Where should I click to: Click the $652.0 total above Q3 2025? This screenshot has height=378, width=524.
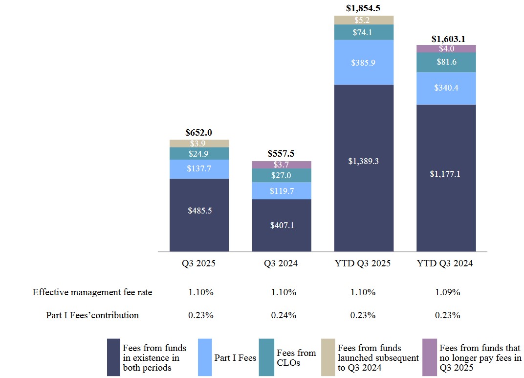pos(199,133)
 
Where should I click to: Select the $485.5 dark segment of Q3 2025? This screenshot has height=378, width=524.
pos(199,211)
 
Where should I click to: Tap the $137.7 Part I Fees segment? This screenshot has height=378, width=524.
pos(199,169)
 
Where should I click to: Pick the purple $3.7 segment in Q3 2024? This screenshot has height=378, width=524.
pos(282,165)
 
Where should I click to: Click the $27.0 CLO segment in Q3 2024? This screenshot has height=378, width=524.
pos(282,175)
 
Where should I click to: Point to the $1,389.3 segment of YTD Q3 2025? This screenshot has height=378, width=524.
pos(364,161)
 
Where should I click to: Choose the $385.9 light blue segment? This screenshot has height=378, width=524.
pos(364,62)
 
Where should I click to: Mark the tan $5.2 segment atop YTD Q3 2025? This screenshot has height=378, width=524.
pos(364,20)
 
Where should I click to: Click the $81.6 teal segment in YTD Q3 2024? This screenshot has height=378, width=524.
pos(446,62)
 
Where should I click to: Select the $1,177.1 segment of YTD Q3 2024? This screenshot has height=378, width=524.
pos(446,173)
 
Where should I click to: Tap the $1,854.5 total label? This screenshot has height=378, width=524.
pos(363,8)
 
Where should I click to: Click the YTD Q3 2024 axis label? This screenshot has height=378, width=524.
pos(445,263)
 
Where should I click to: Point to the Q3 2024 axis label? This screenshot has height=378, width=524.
pos(281,263)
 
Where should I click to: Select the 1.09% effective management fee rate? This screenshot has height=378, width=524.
pos(448,292)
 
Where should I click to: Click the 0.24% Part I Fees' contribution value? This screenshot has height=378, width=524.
pos(284,315)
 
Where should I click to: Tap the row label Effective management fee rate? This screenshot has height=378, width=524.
pos(92,292)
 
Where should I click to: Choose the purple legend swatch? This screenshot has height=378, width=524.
pos(429,357)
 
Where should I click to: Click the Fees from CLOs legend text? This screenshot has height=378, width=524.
pos(296,357)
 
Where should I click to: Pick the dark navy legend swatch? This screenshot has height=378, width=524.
pos(113,357)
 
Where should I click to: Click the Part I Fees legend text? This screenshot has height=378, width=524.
pos(235,358)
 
